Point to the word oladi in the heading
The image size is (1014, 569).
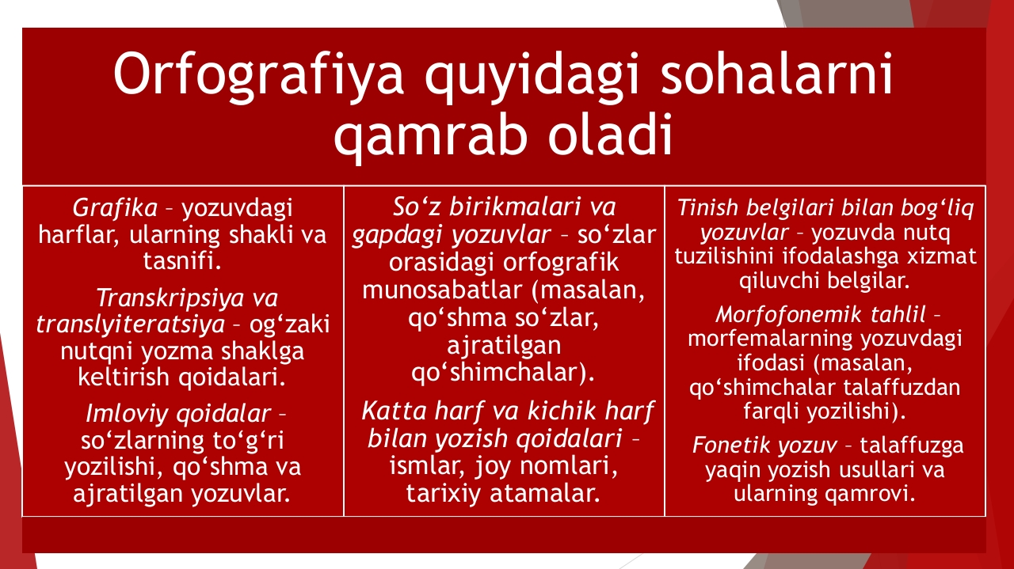[610, 134]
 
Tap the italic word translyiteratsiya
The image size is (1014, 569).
[131, 325]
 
